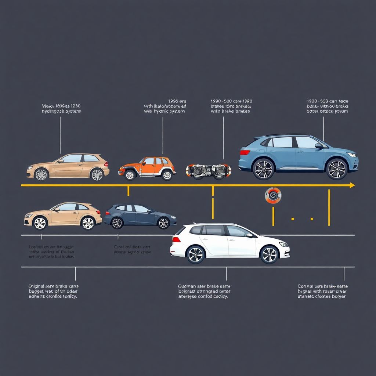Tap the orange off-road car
click(x=147, y=169)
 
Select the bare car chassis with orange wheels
click(x=208, y=171)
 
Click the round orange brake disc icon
click(x=273, y=196)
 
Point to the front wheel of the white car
click(x=269, y=254)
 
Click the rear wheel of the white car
click(x=195, y=254)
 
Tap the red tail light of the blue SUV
click(x=245, y=152)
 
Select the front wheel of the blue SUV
click(x=337, y=169)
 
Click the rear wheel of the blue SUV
click(x=263, y=169)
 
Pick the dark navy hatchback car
click(x=140, y=217)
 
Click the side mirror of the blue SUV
click(x=318, y=146)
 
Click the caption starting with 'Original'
click(x=53, y=291)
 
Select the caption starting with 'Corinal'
click(x=322, y=291)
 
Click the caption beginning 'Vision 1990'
click(x=61, y=108)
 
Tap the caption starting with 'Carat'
click(x=133, y=250)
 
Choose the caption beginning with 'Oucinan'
click(x=204, y=291)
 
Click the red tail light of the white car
click(x=176, y=239)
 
